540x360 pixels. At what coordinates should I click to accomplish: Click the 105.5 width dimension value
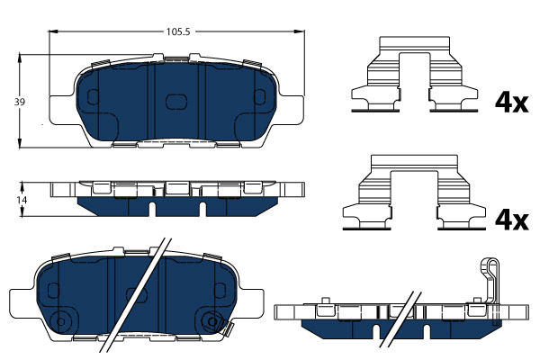click(178, 31)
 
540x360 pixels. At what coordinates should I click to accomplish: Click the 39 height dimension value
click(20, 102)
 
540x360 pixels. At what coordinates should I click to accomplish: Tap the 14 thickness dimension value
click(22, 200)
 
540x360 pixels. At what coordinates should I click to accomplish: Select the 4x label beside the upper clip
click(511, 103)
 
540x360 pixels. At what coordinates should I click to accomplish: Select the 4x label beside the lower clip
click(511, 220)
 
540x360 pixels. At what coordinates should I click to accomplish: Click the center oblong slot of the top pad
click(176, 102)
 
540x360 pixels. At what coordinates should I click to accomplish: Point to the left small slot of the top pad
click(93, 97)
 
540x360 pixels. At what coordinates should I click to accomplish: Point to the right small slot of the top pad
click(260, 97)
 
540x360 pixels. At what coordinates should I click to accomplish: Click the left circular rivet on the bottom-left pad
click(60, 322)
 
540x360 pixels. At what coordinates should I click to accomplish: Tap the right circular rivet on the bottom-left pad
click(212, 322)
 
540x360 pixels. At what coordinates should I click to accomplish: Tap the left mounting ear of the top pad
click(62, 110)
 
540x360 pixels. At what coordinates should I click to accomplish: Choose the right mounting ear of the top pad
click(291, 110)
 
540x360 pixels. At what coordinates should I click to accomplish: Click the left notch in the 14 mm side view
click(153, 209)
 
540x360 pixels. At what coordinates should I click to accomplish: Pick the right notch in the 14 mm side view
click(202, 209)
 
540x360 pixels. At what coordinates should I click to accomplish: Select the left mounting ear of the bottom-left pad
click(22, 304)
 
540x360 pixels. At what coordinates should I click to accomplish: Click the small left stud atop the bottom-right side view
click(325, 301)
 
